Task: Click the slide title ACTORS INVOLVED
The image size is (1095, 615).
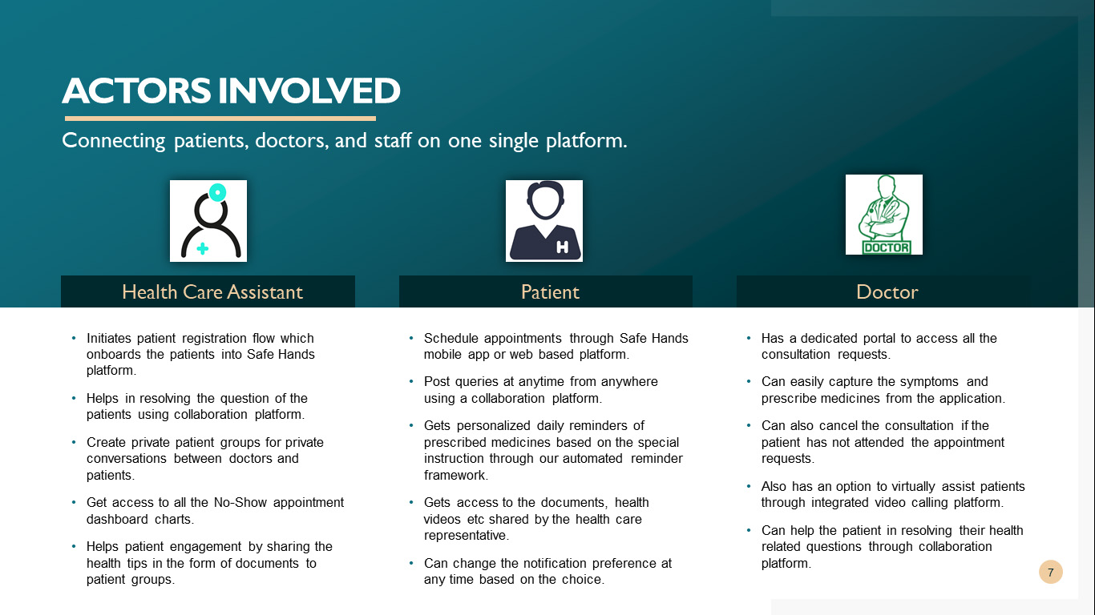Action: (x=231, y=90)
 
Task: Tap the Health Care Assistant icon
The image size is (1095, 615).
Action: (x=208, y=221)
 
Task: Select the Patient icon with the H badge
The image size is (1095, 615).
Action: (x=544, y=221)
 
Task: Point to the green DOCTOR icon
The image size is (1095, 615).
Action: (x=884, y=215)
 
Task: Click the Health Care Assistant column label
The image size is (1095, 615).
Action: (x=212, y=292)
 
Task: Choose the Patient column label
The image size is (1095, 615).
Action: (x=550, y=292)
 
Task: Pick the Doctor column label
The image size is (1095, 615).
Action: (x=887, y=292)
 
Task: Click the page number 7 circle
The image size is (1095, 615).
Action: (x=1051, y=572)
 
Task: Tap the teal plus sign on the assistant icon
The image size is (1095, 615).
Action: (x=202, y=248)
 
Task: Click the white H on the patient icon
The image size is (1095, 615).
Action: (x=562, y=247)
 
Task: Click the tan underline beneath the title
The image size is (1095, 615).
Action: (x=220, y=119)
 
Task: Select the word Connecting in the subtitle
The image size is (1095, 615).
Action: (x=114, y=141)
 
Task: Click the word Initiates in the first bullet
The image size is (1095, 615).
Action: (x=108, y=338)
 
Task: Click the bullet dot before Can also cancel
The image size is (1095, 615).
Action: (x=749, y=425)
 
